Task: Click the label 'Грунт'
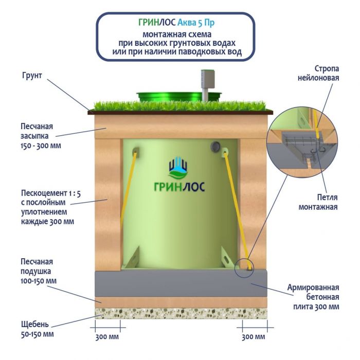(31, 76)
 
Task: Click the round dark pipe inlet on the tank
(214, 147)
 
